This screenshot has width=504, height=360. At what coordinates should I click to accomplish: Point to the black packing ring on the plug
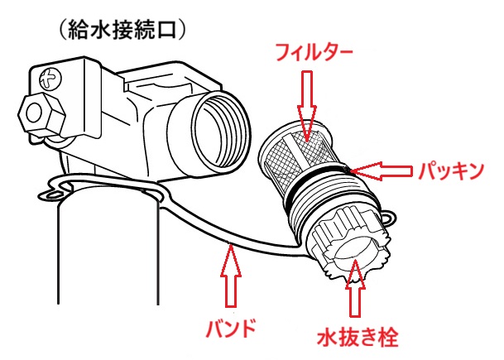click(x=319, y=184)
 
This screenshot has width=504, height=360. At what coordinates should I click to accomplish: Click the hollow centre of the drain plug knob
click(x=349, y=252)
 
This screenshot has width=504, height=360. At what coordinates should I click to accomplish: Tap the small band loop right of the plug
click(x=384, y=218)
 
